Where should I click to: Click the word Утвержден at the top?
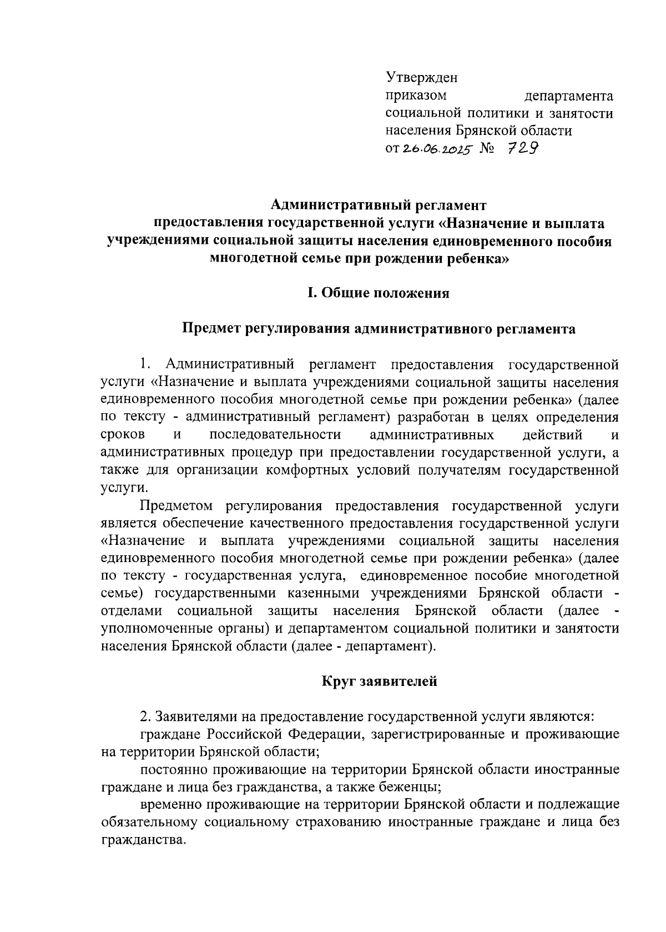[x=421, y=78]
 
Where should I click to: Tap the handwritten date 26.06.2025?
[x=436, y=149]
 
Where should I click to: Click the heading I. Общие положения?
[x=379, y=293]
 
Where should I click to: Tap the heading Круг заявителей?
[x=380, y=681]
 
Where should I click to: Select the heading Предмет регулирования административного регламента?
[x=379, y=329]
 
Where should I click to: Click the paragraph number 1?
[x=145, y=364]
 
